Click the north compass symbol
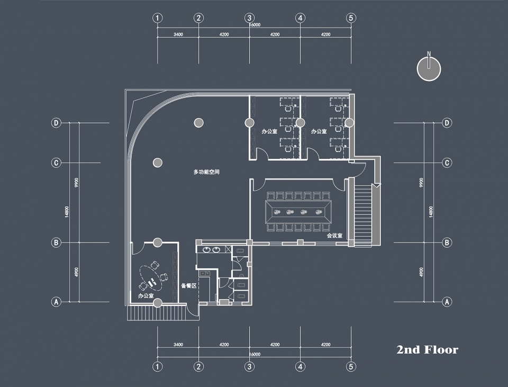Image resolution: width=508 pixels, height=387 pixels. pyautogui.click(x=429, y=69)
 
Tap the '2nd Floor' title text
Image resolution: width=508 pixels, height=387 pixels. pyautogui.click(x=428, y=350)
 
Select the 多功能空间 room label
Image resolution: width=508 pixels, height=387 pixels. pyautogui.click(x=206, y=172)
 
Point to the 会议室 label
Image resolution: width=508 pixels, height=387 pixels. pyautogui.click(x=334, y=236)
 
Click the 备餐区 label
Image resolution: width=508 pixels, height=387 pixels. pyautogui.click(x=189, y=285)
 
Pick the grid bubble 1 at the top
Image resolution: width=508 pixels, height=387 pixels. pyautogui.click(x=158, y=18)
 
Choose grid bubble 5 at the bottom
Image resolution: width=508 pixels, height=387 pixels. pyautogui.click(x=351, y=366)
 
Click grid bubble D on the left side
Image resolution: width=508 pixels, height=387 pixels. pyautogui.click(x=56, y=123)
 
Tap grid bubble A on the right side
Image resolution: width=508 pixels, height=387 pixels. pyautogui.click(x=447, y=302)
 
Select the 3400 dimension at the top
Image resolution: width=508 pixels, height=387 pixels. pyautogui.click(x=178, y=34)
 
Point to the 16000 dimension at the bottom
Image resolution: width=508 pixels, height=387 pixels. pyautogui.click(x=255, y=354)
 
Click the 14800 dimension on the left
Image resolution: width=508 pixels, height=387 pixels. pyautogui.click(x=67, y=212)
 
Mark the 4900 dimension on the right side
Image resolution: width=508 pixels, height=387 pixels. pyautogui.click(x=421, y=272)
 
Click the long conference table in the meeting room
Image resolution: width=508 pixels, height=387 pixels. pyautogui.click(x=298, y=212)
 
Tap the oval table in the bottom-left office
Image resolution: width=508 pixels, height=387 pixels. pyautogui.click(x=151, y=278)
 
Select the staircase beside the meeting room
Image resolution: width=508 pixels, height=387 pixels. pyautogui.click(x=363, y=215)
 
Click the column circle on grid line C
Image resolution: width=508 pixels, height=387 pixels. pyautogui.click(x=158, y=163)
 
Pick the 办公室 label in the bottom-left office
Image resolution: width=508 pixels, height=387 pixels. pyautogui.click(x=146, y=295)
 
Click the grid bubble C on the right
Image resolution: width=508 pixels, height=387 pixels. pyautogui.click(x=447, y=163)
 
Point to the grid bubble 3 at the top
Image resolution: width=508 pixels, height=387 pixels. pyautogui.click(x=249, y=18)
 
